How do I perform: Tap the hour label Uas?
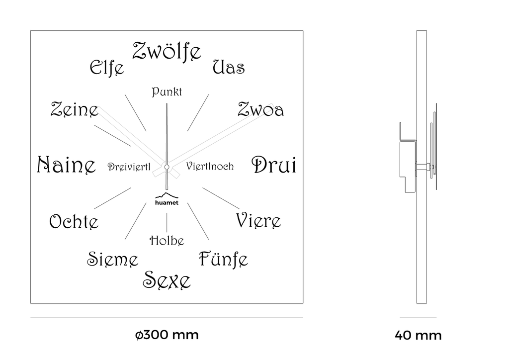[229, 67]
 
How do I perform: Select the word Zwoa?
[260, 109]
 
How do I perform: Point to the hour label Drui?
[274, 165]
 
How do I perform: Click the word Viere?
[258, 220]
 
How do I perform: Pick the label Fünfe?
[223, 259]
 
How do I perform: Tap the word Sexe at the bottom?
[167, 280]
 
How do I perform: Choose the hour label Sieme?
[112, 259]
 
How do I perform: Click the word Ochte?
[74, 222]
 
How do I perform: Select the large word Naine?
[66, 165]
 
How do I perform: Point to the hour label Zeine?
[75, 109]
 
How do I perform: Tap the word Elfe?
[106, 67]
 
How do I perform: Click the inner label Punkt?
[167, 92]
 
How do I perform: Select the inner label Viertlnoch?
[210, 166]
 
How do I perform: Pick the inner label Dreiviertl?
[129, 167]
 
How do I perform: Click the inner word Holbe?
[167, 241]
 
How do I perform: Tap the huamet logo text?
[167, 203]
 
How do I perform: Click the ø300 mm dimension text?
[167, 335]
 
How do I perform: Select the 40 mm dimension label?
[418, 336]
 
